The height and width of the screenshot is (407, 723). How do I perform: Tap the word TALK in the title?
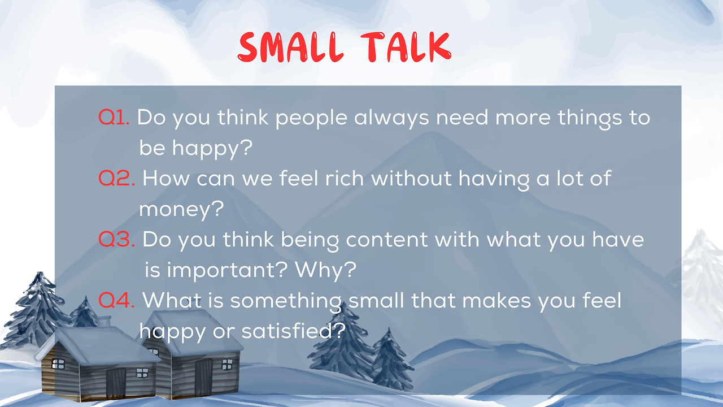(x=406, y=47)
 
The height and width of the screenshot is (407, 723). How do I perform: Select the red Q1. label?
(x=114, y=117)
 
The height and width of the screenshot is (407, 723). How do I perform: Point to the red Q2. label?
(x=116, y=178)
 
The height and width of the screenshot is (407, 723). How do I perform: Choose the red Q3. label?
(x=116, y=239)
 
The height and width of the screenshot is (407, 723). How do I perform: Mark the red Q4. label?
(x=116, y=300)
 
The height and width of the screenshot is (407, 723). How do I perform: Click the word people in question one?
(x=311, y=118)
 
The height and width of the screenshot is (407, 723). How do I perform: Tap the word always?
(x=391, y=118)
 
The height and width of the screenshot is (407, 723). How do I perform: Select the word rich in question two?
(x=345, y=178)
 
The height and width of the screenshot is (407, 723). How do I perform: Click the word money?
(x=181, y=210)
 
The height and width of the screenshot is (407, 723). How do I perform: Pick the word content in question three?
(x=387, y=240)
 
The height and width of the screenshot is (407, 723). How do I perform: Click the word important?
(x=216, y=271)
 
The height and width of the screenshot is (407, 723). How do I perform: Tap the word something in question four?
(x=286, y=302)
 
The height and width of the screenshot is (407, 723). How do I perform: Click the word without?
(x=411, y=178)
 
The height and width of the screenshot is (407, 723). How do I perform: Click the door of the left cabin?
(x=116, y=384)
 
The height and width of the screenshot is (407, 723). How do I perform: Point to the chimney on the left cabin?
(x=104, y=321)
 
